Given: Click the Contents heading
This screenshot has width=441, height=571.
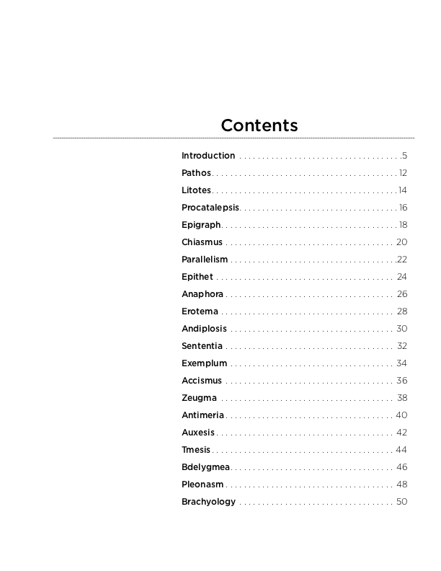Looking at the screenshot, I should click(x=259, y=125).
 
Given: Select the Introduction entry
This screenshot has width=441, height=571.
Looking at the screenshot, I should click(x=208, y=156).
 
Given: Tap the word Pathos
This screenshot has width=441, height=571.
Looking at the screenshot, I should click(x=197, y=173).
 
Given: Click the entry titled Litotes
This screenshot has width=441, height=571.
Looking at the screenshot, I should click(x=197, y=190).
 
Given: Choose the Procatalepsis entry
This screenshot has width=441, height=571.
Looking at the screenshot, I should click(x=210, y=208).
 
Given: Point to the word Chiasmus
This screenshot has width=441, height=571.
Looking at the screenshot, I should click(x=202, y=242).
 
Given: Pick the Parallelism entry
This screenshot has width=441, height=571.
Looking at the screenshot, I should click(x=205, y=260).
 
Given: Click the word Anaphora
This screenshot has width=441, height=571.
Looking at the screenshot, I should click(x=202, y=294).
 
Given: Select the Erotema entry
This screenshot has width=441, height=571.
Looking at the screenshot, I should click(x=200, y=311).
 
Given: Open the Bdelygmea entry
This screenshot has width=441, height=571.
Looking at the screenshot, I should click(x=205, y=467).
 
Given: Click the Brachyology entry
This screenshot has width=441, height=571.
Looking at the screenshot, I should click(x=208, y=502).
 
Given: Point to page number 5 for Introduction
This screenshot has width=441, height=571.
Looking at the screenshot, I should click(x=405, y=156).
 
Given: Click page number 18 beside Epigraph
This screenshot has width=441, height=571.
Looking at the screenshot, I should click(x=403, y=225).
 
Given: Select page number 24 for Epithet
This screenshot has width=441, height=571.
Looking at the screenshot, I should click(x=402, y=277).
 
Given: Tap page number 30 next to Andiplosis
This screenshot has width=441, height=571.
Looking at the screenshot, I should click(x=402, y=329).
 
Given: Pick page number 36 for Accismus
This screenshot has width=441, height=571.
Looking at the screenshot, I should click(x=402, y=381).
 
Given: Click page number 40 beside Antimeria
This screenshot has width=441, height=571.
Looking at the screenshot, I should click(x=402, y=415).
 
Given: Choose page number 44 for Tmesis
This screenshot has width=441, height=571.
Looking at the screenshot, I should click(x=402, y=450).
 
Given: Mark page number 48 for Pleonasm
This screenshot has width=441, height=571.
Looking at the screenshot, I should click(x=402, y=484).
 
